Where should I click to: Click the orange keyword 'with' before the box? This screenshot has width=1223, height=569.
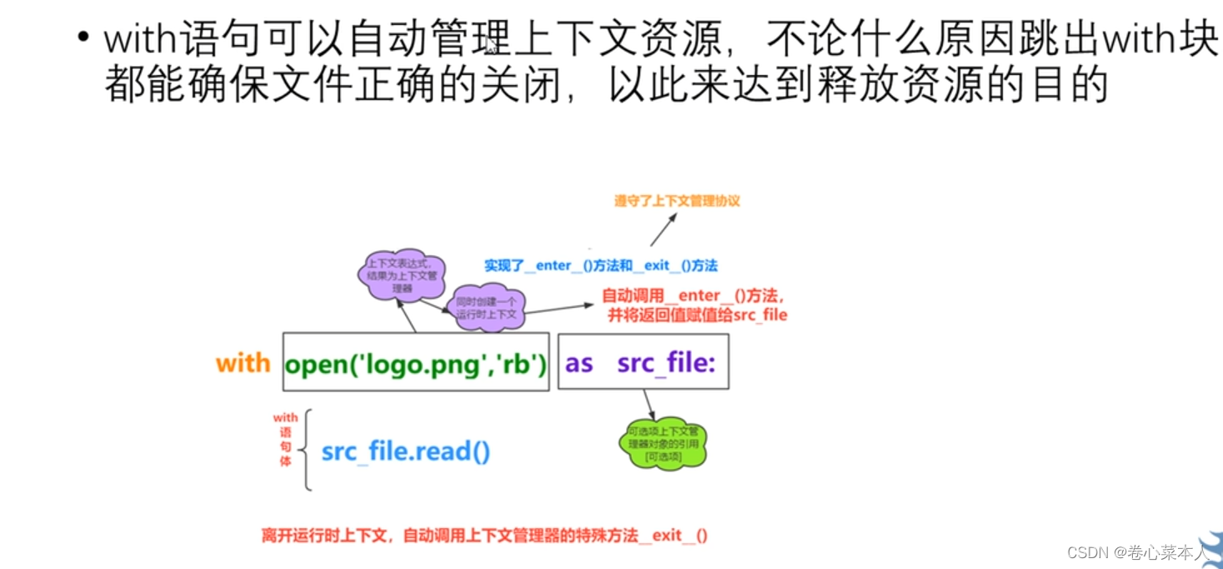(243, 363)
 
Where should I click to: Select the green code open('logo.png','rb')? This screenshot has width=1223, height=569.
(416, 364)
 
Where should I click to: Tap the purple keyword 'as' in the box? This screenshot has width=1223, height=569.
(579, 363)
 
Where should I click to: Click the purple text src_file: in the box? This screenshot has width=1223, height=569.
(666, 363)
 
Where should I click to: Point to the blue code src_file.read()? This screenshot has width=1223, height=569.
(406, 451)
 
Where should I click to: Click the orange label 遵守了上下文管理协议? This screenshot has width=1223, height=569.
(677, 201)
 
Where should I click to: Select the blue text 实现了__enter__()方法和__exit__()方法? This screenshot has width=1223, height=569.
(600, 265)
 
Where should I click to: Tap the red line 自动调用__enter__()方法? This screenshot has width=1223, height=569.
(694, 295)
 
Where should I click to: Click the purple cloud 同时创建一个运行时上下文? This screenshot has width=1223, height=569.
(486, 310)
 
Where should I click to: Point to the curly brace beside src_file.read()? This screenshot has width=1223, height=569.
(308, 449)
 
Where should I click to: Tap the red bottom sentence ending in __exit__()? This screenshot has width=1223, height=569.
(484, 535)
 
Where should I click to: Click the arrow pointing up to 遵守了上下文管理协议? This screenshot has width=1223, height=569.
(664, 226)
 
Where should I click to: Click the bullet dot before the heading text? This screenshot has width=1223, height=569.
(83, 39)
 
